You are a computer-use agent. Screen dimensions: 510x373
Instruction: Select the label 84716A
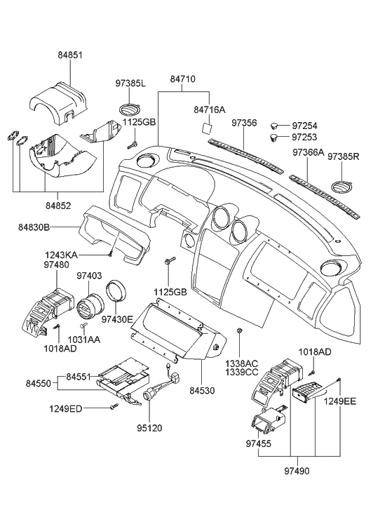210,109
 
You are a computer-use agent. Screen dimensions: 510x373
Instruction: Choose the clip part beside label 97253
276,137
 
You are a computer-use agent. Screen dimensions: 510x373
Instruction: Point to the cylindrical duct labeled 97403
90,308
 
